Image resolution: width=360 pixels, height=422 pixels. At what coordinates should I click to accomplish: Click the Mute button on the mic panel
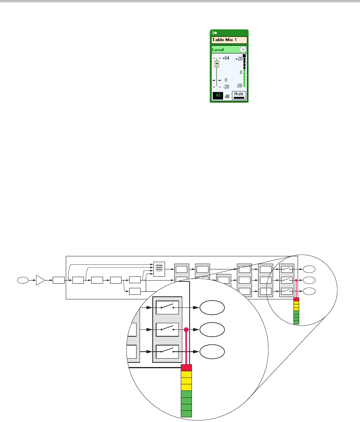(239, 95)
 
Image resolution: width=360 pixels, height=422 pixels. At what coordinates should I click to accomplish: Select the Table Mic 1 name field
(229, 40)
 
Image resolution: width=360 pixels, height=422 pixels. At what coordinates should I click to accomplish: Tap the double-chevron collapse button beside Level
(243, 50)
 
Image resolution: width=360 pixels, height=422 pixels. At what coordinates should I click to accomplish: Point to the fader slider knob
(217, 63)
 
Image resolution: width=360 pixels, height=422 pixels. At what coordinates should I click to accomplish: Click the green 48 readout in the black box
(217, 95)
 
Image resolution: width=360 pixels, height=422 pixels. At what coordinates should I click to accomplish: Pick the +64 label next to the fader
(226, 58)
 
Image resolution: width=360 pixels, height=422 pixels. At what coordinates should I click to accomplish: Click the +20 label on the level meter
(238, 58)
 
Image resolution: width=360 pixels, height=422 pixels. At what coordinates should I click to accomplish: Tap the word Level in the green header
(218, 50)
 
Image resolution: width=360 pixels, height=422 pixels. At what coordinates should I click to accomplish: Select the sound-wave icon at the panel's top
(214, 33)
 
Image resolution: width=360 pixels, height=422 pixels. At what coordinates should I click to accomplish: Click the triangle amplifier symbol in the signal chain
(40, 280)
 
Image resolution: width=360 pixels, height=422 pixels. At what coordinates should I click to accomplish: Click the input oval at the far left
(22, 280)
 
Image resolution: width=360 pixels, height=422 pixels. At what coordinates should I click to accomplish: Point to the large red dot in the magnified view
(186, 330)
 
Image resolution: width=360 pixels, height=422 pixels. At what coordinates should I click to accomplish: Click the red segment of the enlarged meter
(186, 368)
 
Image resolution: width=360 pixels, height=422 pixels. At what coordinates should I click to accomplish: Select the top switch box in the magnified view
(167, 307)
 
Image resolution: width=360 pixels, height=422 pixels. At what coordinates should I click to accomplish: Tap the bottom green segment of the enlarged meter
(186, 414)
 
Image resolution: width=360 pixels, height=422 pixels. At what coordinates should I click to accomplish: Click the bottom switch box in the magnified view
(167, 351)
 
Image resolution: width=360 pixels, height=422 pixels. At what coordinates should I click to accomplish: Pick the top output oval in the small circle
(309, 269)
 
